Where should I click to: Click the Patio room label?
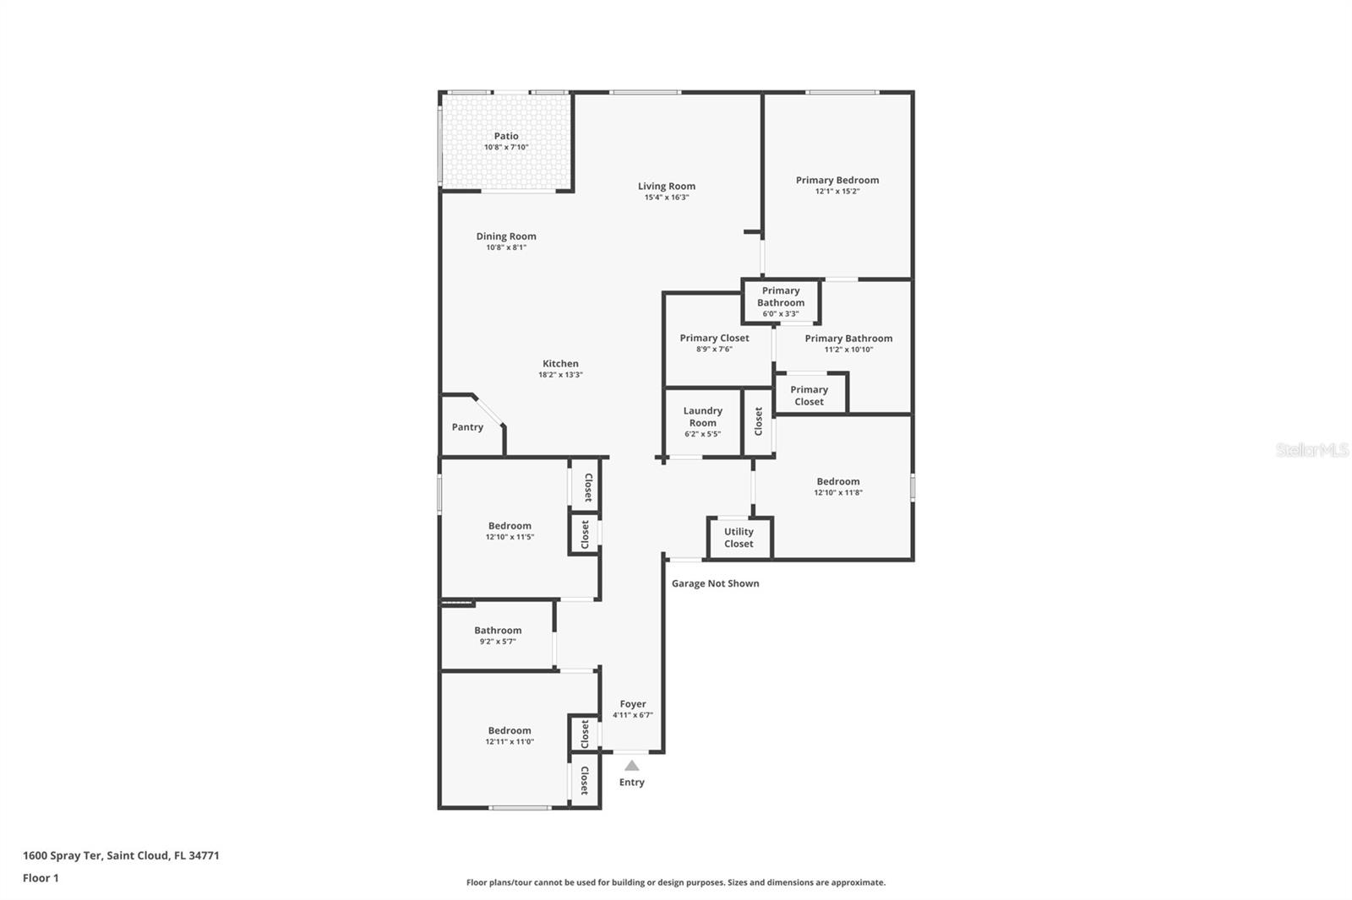(506, 136)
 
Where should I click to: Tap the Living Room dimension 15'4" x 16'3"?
(667, 198)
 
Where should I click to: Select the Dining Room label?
(506, 236)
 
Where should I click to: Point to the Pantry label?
(467, 427)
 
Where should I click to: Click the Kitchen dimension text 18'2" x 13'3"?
(560, 375)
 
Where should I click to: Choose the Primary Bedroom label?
(837, 180)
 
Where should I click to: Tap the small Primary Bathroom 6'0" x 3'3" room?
(780, 301)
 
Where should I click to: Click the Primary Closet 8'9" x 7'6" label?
(714, 338)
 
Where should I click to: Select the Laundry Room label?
(702, 416)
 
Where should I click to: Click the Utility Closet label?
(739, 538)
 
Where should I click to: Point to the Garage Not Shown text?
(715, 583)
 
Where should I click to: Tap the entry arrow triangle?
(631, 766)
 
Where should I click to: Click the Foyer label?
(632, 704)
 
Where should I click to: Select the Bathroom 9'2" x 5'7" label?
(498, 631)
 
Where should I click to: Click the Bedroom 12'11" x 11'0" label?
(510, 731)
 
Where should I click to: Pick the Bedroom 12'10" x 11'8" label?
(837, 482)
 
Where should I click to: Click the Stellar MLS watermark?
(1311, 451)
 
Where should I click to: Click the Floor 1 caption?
(41, 878)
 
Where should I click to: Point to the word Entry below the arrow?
(631, 783)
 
